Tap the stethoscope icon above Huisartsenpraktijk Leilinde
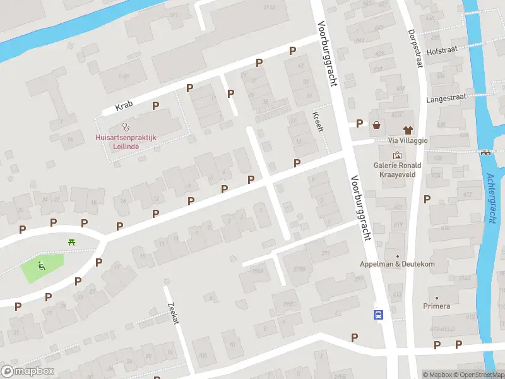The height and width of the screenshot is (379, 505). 126,127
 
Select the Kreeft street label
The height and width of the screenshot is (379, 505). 318,121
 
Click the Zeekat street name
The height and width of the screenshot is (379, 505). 174,312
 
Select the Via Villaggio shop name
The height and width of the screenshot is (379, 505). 408,140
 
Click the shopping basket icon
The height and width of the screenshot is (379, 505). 377,124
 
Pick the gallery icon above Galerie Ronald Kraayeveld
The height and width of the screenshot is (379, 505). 397,155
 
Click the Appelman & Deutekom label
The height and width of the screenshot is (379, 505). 397,263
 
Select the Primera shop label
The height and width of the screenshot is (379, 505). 437,306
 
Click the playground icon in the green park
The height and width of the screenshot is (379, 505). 42,265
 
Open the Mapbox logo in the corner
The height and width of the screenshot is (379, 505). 27,371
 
